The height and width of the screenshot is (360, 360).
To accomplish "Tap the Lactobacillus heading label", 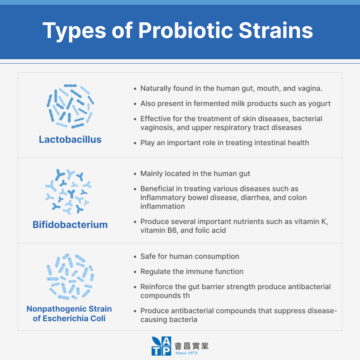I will point(70,139).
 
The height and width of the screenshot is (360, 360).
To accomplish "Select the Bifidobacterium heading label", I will point(70,224).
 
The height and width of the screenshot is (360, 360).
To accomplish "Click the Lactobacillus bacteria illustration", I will point(70,106).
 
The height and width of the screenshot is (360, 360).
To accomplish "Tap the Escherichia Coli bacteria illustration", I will point(70,276).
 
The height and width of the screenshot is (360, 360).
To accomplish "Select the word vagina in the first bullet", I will point(310,88).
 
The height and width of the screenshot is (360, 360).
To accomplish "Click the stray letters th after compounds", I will point(186,296).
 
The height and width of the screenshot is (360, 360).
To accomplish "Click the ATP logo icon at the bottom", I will point(162,346).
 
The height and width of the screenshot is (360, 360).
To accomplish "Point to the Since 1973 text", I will point(186,353).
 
